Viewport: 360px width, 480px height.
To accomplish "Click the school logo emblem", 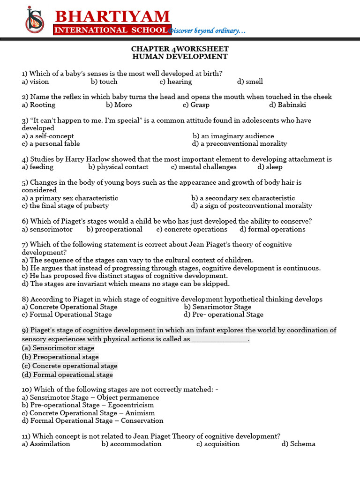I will pos(35,19).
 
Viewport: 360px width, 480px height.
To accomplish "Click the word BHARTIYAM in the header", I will pos(112,16).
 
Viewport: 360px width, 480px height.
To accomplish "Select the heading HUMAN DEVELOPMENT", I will pos(180,57).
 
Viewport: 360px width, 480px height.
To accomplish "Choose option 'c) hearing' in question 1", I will pos(176,82).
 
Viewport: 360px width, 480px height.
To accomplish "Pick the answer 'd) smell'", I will pos(250,82).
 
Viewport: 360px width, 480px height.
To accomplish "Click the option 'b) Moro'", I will pos(119,105).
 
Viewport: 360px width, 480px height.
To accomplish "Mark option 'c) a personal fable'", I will pos(51,143).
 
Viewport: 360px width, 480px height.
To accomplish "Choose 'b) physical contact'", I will pos(118,166).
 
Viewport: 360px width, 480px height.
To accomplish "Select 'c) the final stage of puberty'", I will pos(65,205).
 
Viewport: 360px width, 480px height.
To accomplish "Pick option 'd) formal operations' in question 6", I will pos(272,229).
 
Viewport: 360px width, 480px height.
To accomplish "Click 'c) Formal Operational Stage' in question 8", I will pos(67,315).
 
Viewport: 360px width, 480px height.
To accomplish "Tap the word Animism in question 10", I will pos(140,413).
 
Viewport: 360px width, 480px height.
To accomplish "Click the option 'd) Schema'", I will pos(298,443).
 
